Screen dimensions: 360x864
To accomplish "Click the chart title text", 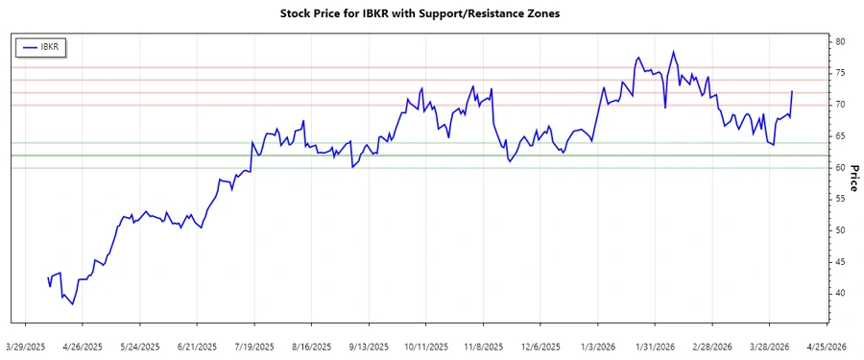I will [x=432, y=14].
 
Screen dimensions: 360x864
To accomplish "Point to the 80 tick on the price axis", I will [x=840, y=42].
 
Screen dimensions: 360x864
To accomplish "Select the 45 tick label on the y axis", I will [x=840, y=262].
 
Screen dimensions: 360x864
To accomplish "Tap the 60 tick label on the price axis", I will [x=840, y=168].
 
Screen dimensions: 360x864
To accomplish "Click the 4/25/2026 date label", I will [x=825, y=346].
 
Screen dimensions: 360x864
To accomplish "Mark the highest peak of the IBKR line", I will [x=673, y=52].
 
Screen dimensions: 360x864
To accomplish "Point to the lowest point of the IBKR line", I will [x=73, y=304].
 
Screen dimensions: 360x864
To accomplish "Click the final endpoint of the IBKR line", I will [x=792, y=91].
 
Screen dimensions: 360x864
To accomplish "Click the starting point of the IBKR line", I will [x=48, y=277].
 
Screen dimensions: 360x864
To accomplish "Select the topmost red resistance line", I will [x=422, y=67].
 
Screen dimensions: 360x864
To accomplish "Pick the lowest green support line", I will [x=422, y=168].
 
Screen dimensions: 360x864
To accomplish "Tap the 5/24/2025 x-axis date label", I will [x=141, y=346].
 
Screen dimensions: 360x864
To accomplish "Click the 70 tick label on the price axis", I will [x=840, y=105].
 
